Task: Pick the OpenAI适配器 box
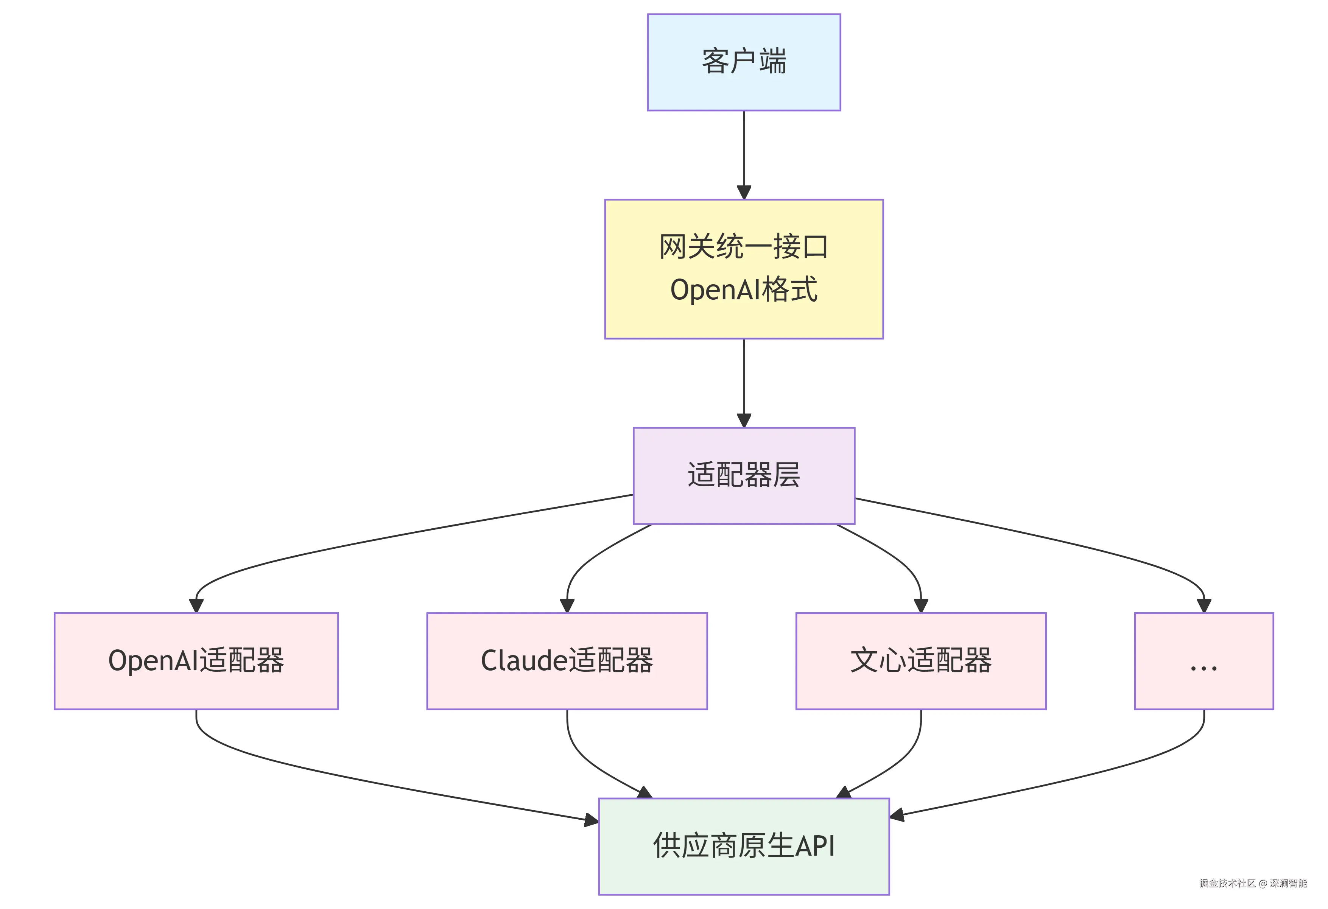tap(196, 661)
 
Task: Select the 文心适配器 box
tap(920, 661)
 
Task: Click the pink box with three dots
tap(1203, 661)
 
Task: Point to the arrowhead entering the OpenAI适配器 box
tap(196, 605)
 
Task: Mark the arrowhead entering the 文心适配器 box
tap(920, 605)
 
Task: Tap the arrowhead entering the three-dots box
tap(1203, 605)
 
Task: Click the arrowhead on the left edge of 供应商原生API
tap(592, 821)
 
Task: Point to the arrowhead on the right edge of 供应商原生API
tap(897, 815)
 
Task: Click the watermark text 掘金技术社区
tap(1227, 883)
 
